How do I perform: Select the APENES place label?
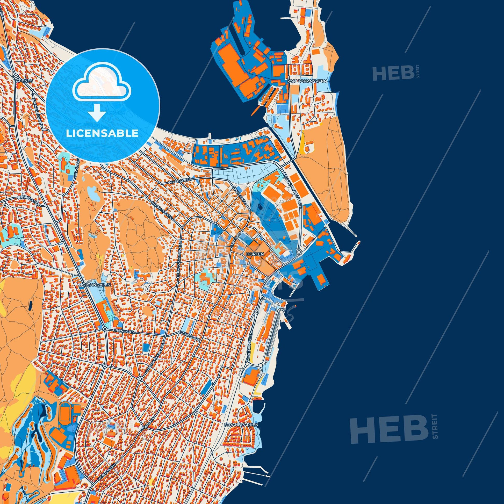(24, 81)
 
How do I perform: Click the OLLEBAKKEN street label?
(180, 181)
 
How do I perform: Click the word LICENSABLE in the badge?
(102, 133)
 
